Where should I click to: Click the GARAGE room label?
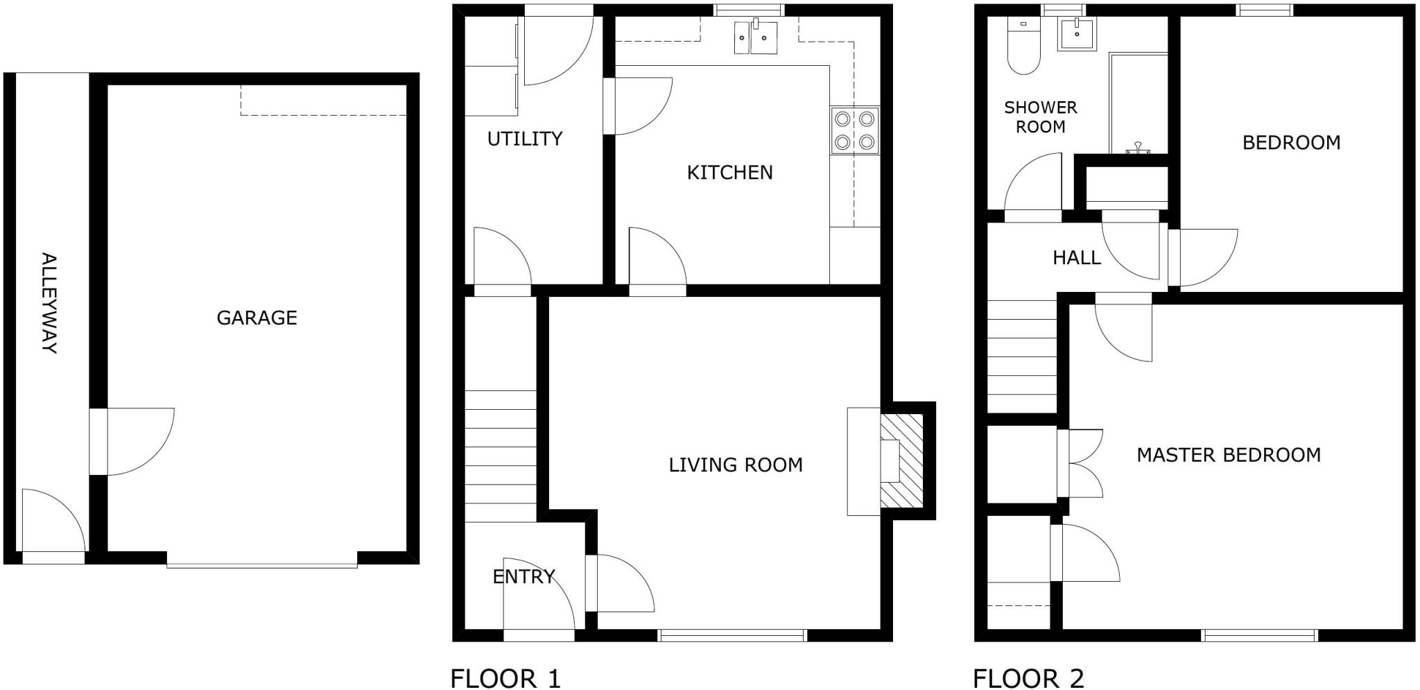coord(257,318)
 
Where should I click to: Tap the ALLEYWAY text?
coord(49,303)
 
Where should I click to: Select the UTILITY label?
coord(525,139)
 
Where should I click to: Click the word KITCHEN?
coord(729,172)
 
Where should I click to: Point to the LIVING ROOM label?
coord(736,465)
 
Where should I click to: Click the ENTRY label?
coord(523,576)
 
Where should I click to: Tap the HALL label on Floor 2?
coord(1077,258)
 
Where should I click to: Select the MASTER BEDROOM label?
coord(1229,455)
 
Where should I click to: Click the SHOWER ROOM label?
coord(1041,117)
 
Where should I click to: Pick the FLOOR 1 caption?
coord(505,678)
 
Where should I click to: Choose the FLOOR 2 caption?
coord(1028,678)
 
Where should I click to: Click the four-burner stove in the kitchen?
coord(855,131)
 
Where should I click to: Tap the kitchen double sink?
coord(756,37)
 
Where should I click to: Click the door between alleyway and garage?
coord(132,442)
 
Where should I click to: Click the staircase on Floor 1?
coord(500,456)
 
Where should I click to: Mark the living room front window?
coord(733,635)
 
